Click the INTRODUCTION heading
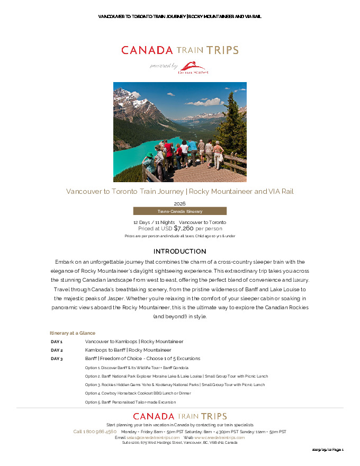(x=179, y=251)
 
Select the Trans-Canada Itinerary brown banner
(x=179, y=211)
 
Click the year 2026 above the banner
(x=179, y=203)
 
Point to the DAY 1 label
(x=57, y=342)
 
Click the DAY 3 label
(x=57, y=359)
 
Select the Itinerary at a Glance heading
(x=73, y=333)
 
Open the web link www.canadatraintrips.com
(x=219, y=438)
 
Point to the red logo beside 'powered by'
(x=193, y=67)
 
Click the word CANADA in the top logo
(x=147, y=50)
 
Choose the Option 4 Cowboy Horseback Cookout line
(x=138, y=393)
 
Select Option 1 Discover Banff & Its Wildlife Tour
(x=137, y=368)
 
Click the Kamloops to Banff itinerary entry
(x=128, y=350)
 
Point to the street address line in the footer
(x=179, y=443)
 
